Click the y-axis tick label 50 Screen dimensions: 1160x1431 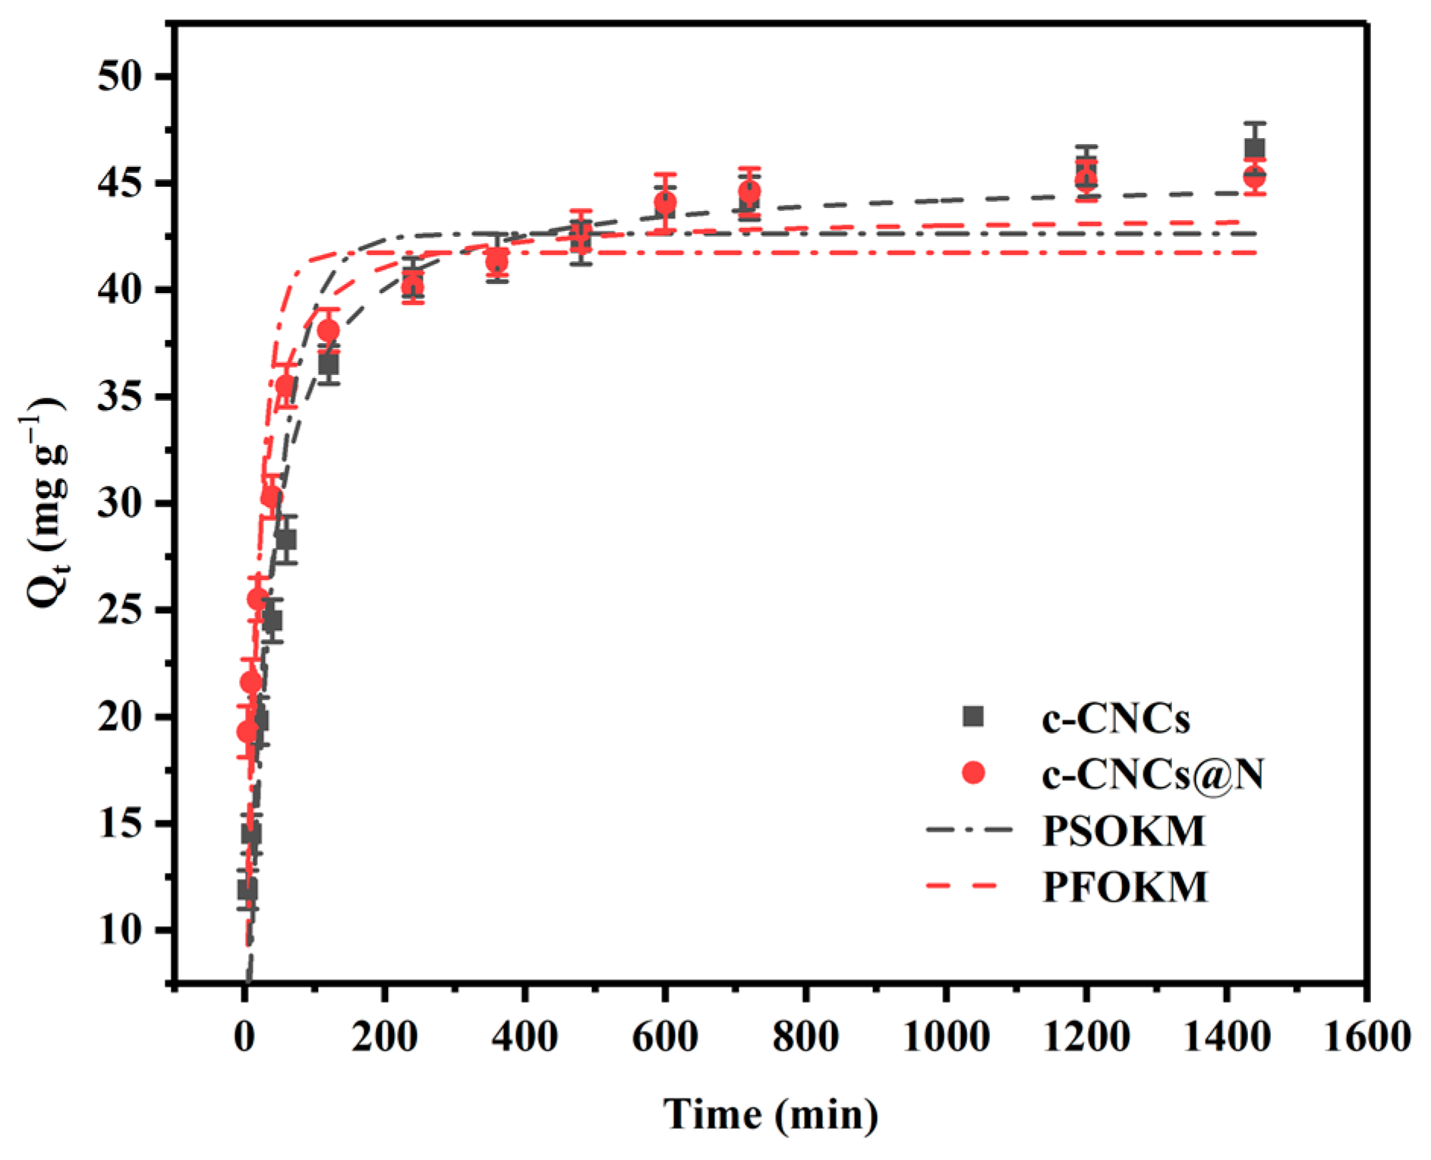click(x=119, y=77)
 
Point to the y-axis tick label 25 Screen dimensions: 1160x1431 click(x=119, y=610)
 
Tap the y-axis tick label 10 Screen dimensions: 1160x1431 click(x=119, y=930)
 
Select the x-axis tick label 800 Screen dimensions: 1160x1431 click(x=805, y=1036)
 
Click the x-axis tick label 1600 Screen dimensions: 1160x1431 click(x=1366, y=1036)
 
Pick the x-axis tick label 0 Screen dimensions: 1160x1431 click(x=244, y=1036)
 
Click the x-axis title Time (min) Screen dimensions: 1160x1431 click(x=771, y=1114)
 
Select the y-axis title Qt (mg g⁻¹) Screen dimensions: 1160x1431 click(x=47, y=503)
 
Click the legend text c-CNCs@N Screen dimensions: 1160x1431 click(x=1152, y=774)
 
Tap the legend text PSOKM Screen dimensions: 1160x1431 click(x=1124, y=831)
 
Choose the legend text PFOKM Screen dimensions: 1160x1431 click(x=1125, y=887)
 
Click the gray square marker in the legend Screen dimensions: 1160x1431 click(x=972, y=716)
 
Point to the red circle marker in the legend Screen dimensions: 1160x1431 click(x=972, y=773)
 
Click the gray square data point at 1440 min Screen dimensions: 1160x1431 click(x=1254, y=148)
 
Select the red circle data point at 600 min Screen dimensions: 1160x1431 click(x=664, y=203)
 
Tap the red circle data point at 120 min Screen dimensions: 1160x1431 click(x=328, y=330)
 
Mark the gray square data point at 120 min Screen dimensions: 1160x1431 click(x=328, y=364)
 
